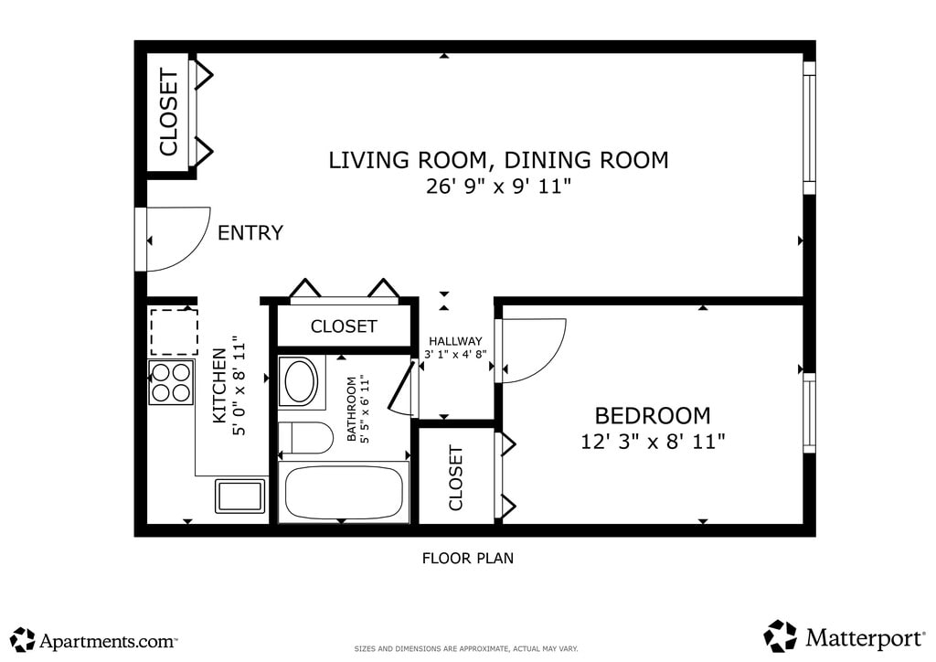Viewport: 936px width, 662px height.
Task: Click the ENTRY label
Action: click(x=250, y=232)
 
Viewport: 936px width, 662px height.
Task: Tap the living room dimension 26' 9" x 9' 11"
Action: click(x=498, y=187)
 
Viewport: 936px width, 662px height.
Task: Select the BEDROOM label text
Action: click(x=653, y=415)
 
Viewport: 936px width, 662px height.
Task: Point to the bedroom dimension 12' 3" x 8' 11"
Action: click(x=653, y=442)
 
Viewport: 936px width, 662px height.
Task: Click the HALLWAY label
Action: click(x=455, y=341)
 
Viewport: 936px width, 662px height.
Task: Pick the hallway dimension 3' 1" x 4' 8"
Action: click(x=455, y=354)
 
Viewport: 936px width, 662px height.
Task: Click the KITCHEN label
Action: click(x=219, y=386)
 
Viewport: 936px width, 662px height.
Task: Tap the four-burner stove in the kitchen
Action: click(x=171, y=382)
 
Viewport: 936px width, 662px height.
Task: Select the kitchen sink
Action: click(x=240, y=496)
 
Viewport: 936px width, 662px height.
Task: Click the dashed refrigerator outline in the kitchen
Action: click(x=174, y=332)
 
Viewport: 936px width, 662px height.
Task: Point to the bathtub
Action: click(x=344, y=493)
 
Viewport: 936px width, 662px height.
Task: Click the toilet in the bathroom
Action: click(x=305, y=438)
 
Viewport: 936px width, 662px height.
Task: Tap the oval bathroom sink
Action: click(x=301, y=381)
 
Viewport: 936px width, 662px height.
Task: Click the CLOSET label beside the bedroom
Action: click(x=455, y=477)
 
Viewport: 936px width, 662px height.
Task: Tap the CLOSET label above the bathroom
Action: click(x=344, y=326)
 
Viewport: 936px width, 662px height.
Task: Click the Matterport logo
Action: click(x=844, y=637)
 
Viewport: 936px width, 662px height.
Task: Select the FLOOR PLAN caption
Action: click(x=468, y=558)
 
